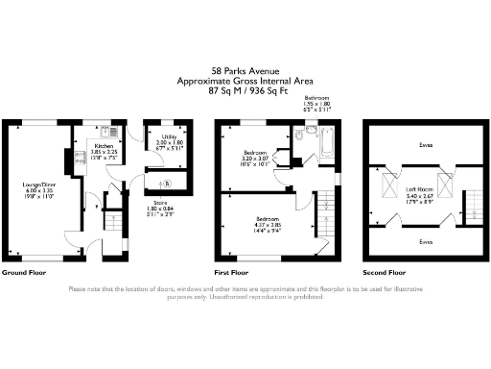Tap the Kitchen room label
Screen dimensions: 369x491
coord(103,146)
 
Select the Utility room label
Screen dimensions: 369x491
coord(169,137)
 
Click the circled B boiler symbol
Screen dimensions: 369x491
coord(168,183)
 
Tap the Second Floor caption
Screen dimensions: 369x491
coord(383,273)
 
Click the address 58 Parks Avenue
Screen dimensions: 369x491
coord(245,70)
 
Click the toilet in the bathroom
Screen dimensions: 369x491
coord(298,136)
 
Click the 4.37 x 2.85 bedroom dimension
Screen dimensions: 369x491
coord(255,225)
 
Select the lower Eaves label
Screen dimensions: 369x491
coord(426,241)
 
